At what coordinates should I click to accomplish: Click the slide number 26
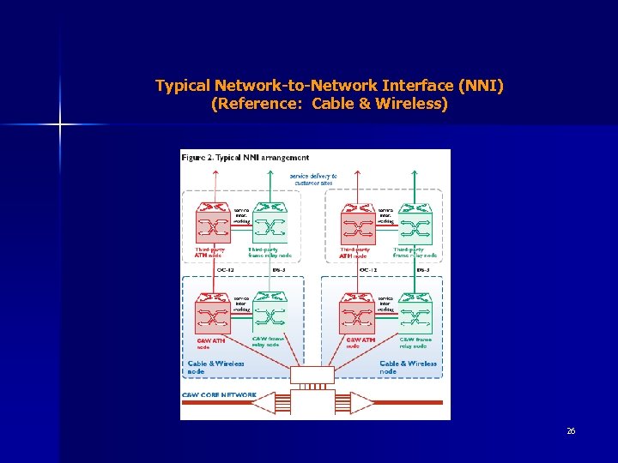pos(571,430)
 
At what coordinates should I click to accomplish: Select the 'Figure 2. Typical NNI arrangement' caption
pos(245,158)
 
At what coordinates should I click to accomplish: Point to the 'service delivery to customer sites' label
pos(313,179)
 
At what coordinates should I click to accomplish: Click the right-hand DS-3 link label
pos(422,269)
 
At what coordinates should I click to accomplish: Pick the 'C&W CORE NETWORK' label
pos(219,395)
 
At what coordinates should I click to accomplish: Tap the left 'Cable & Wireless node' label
pos(215,367)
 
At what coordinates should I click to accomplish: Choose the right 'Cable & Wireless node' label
pos(408,367)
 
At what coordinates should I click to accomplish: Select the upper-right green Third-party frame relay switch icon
pos(415,224)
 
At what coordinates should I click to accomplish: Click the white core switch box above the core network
pos(312,375)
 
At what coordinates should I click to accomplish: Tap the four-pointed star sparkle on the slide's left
pos(60,125)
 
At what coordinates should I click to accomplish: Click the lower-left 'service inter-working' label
pos(241,304)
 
